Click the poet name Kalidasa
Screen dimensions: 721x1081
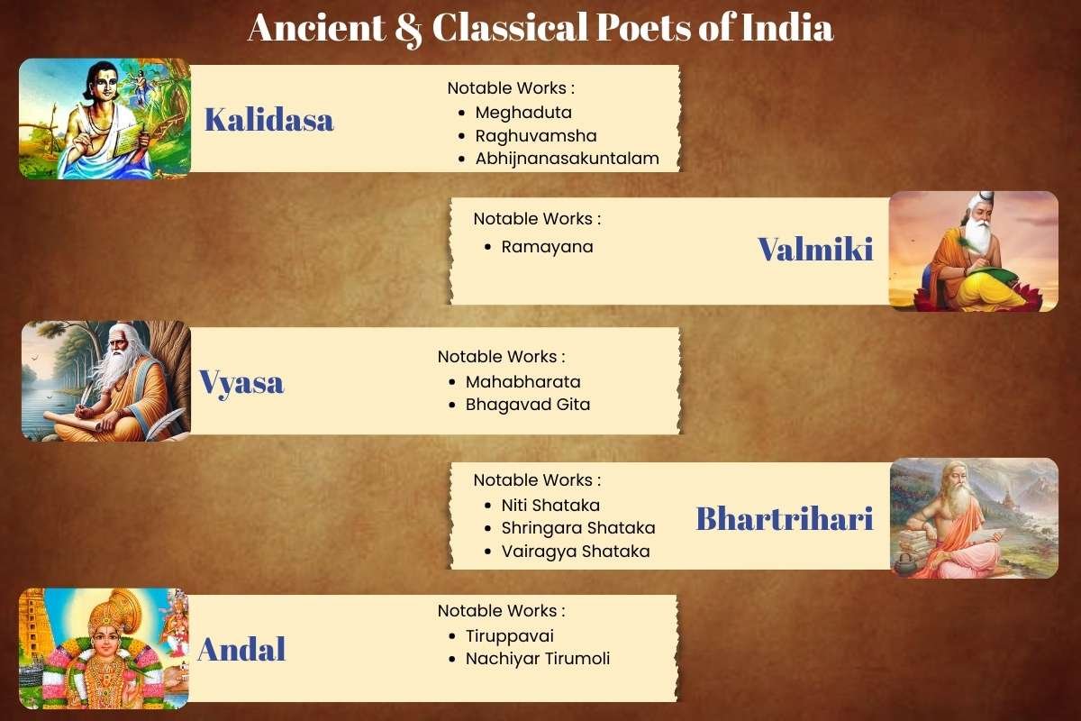point(268,120)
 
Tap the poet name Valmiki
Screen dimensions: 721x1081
point(815,250)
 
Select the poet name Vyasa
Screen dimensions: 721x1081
point(241,382)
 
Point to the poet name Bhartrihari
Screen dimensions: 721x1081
point(784,518)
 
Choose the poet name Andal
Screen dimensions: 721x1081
point(241,649)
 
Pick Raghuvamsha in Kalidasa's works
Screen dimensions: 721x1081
point(536,136)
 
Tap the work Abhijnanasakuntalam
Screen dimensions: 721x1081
point(567,159)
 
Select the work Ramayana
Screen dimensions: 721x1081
point(547,246)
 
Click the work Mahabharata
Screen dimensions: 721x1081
point(522,381)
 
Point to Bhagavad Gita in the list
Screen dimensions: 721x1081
point(527,405)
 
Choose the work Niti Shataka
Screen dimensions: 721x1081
point(550,506)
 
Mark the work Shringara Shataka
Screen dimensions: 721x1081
point(577,528)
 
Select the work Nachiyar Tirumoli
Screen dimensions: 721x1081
point(537,659)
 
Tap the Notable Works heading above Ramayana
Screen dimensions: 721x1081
point(537,219)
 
